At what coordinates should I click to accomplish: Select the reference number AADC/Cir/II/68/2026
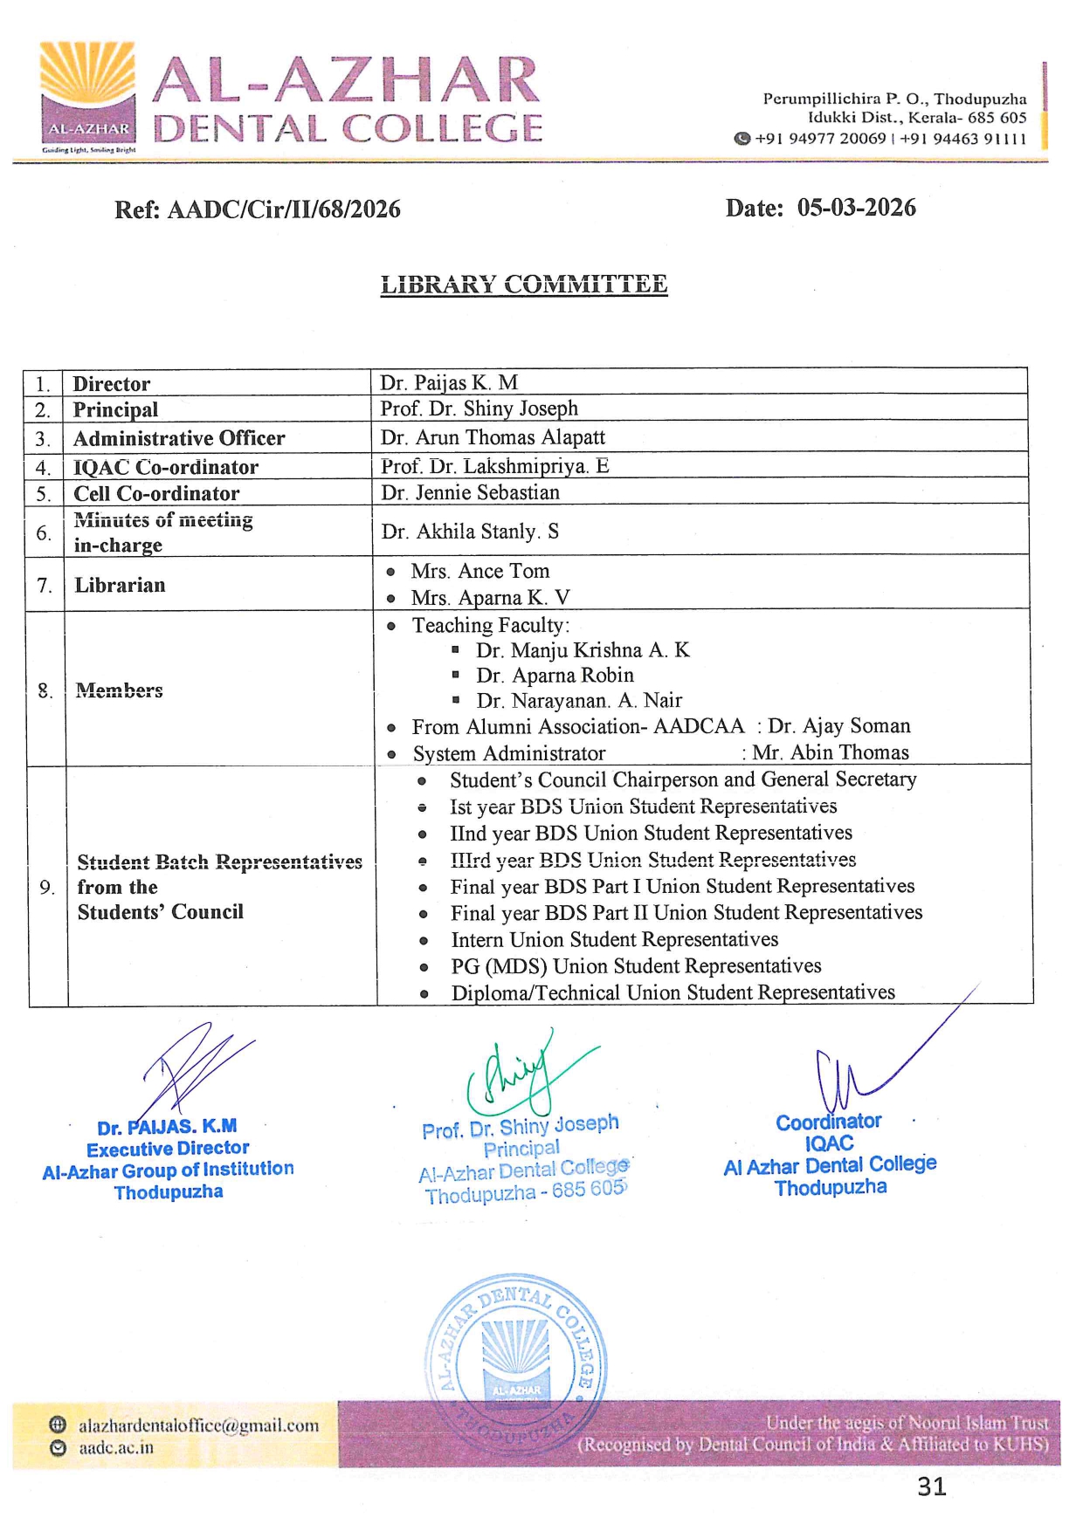(x=284, y=209)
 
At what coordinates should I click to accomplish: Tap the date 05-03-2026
(x=856, y=208)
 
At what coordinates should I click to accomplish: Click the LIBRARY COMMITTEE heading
(x=524, y=285)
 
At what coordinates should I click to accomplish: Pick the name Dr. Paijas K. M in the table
(x=449, y=382)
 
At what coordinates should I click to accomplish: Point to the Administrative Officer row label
(x=179, y=438)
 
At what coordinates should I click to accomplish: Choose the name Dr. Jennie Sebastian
(x=470, y=492)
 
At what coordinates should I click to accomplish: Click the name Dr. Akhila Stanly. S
(x=470, y=532)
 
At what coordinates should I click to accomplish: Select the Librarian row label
(x=120, y=585)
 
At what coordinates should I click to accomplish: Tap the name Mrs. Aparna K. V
(x=490, y=598)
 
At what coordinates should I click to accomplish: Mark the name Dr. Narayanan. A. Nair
(x=579, y=700)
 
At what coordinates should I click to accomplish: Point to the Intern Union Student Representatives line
(x=614, y=939)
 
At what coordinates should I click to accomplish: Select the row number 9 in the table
(x=47, y=887)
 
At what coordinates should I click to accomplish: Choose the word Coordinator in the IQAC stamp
(x=828, y=1122)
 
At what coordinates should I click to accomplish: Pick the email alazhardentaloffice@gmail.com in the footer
(x=198, y=1425)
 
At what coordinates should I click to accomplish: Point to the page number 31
(x=932, y=1486)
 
